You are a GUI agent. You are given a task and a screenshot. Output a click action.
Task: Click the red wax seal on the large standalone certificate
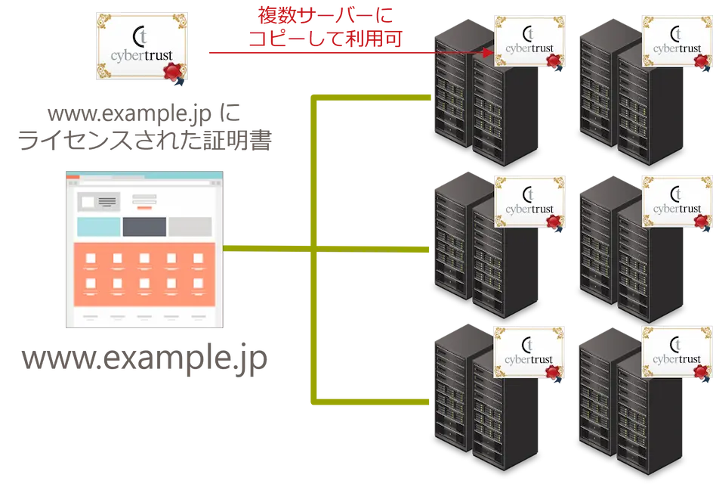click(174, 71)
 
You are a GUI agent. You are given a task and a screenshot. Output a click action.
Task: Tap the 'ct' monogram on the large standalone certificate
click(140, 36)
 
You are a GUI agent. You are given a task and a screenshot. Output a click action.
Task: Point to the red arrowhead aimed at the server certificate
click(488, 53)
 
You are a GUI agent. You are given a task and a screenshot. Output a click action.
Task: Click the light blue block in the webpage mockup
click(99, 227)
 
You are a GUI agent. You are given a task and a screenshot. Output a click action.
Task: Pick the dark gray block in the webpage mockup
click(144, 227)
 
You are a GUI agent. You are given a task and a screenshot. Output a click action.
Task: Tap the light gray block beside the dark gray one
click(190, 227)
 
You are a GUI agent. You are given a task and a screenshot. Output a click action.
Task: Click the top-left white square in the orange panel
click(91, 259)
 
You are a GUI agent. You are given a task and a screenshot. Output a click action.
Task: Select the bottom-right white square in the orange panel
click(198, 284)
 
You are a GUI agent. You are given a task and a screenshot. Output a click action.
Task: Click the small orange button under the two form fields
click(144, 207)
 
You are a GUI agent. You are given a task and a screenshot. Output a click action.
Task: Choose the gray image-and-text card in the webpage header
click(98, 202)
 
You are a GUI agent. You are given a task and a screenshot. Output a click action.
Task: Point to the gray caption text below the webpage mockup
click(144, 359)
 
